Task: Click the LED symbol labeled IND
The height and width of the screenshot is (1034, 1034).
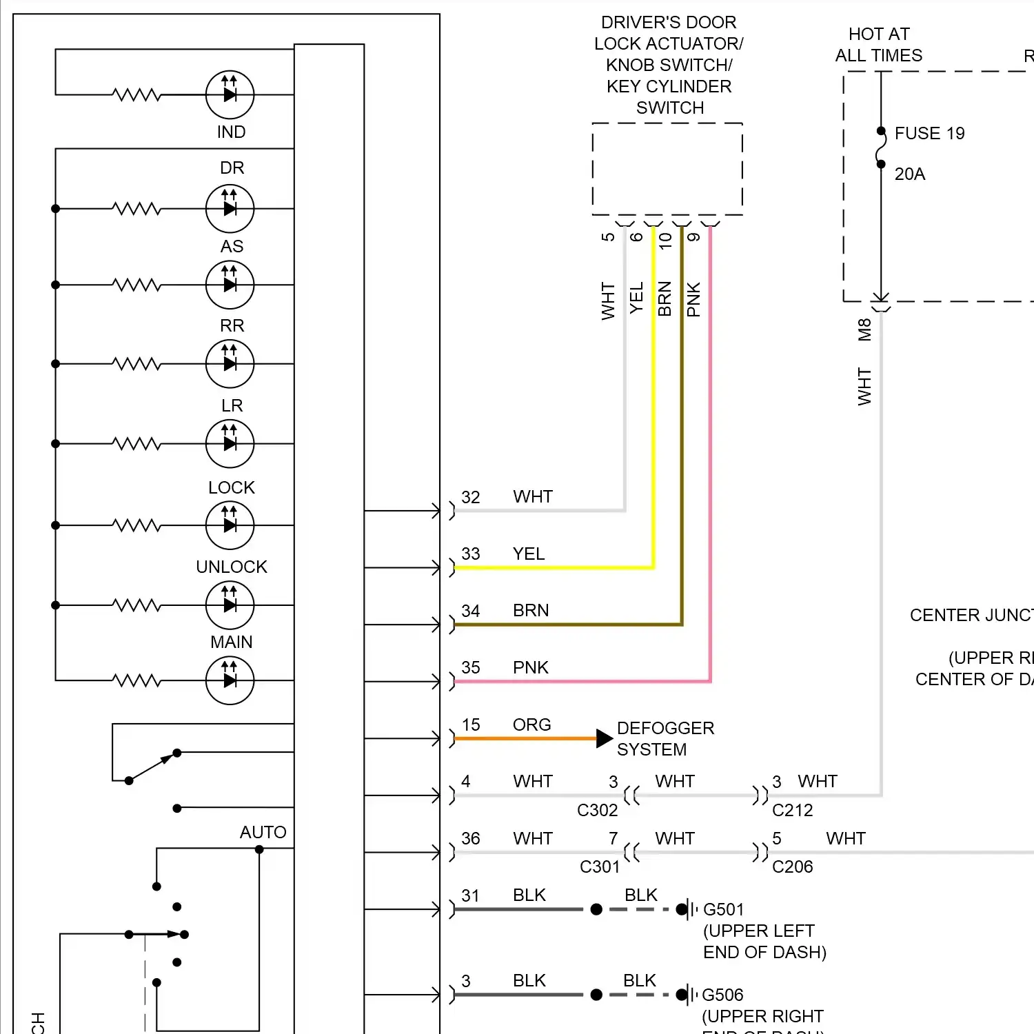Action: click(x=230, y=95)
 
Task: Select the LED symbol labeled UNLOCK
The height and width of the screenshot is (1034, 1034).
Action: click(x=230, y=605)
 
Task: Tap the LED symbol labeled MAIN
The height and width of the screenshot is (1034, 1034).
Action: click(x=230, y=681)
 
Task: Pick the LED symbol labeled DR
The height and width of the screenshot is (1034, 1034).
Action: click(x=230, y=209)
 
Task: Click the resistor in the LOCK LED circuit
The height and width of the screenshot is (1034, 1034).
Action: click(x=137, y=525)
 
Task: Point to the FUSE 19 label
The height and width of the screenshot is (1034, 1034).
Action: click(x=929, y=133)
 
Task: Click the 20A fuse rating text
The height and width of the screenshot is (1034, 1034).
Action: click(x=909, y=174)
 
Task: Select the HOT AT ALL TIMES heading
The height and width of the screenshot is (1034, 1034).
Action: click(x=878, y=45)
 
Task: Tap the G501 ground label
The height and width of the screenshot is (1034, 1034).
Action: click(x=723, y=910)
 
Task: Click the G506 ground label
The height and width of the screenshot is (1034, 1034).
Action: click(x=722, y=995)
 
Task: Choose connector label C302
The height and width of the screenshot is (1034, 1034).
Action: click(x=597, y=810)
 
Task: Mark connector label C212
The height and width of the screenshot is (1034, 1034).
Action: click(x=792, y=810)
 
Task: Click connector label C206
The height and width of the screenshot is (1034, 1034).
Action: click(x=792, y=866)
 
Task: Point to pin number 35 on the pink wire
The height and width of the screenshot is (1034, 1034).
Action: click(x=471, y=667)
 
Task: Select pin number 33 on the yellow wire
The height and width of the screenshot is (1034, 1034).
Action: click(x=471, y=554)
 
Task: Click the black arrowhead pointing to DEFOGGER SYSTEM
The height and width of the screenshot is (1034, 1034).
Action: click(x=604, y=738)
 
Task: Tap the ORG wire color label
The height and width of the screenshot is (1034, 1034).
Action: click(x=531, y=724)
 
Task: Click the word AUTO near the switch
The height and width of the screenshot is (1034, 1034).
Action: click(x=263, y=832)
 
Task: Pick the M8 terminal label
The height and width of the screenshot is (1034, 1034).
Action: click(x=864, y=330)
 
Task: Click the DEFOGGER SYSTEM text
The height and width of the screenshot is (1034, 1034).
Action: click(x=665, y=738)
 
